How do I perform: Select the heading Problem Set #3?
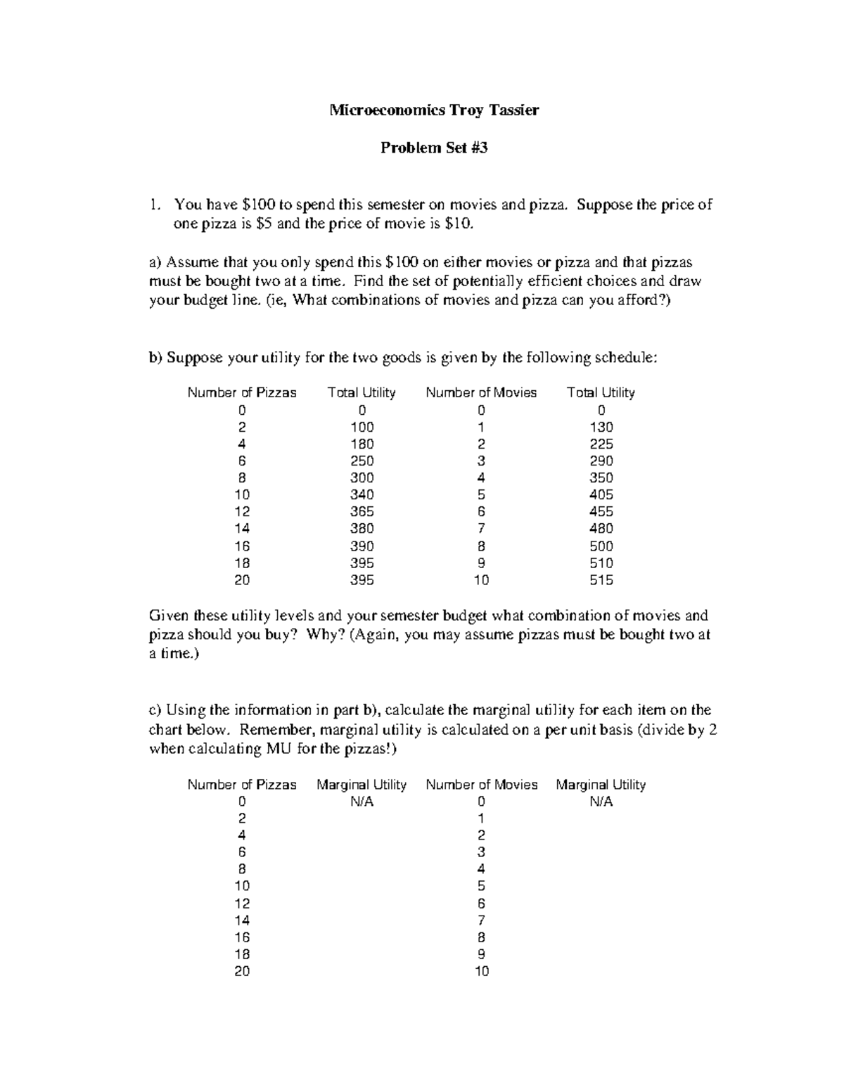[434, 148]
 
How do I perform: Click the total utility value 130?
[601, 427]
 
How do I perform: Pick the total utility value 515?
[601, 580]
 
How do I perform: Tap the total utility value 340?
[362, 495]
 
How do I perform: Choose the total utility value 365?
[362, 512]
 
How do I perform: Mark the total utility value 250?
[362, 461]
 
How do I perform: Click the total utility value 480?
[601, 529]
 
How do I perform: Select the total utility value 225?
[601, 444]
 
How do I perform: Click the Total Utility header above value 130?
[601, 392]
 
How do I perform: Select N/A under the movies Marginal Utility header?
[601, 802]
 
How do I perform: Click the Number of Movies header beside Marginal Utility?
[482, 785]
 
